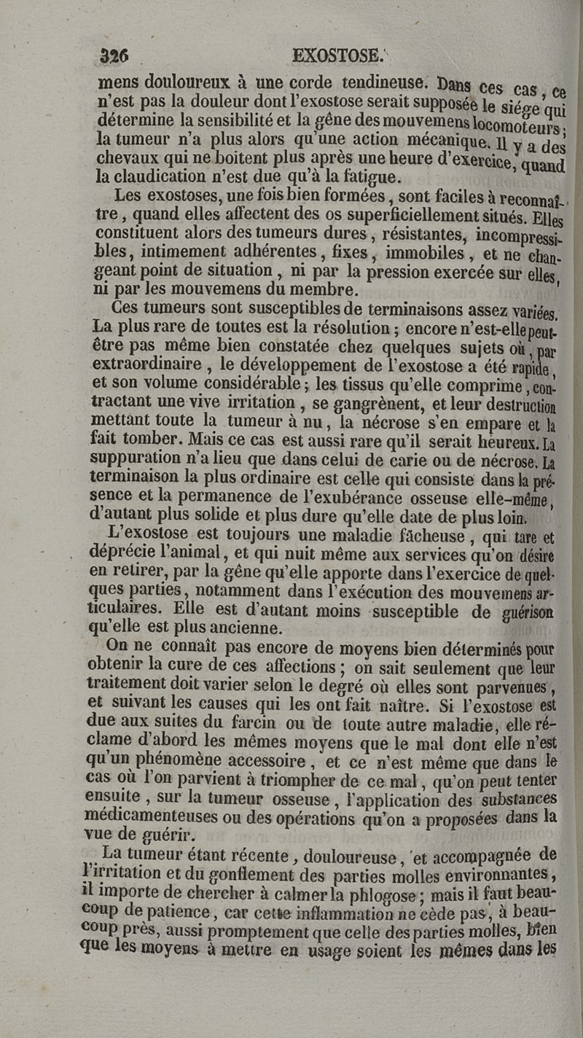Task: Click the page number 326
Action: (114, 55)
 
